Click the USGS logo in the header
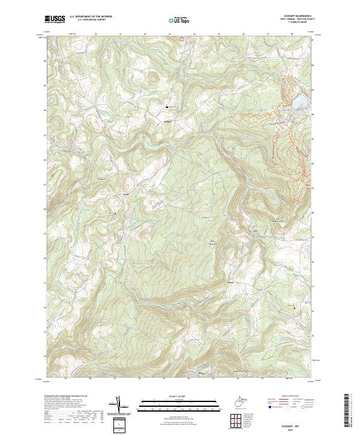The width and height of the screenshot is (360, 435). point(55,19)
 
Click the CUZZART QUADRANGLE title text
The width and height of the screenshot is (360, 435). point(290,16)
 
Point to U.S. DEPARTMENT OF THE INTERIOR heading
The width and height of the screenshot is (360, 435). point(91,16)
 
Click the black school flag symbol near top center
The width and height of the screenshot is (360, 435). point(167,108)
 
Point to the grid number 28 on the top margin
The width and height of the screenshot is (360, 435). point(292,34)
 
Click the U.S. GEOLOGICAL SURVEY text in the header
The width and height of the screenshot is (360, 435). point(91,20)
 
